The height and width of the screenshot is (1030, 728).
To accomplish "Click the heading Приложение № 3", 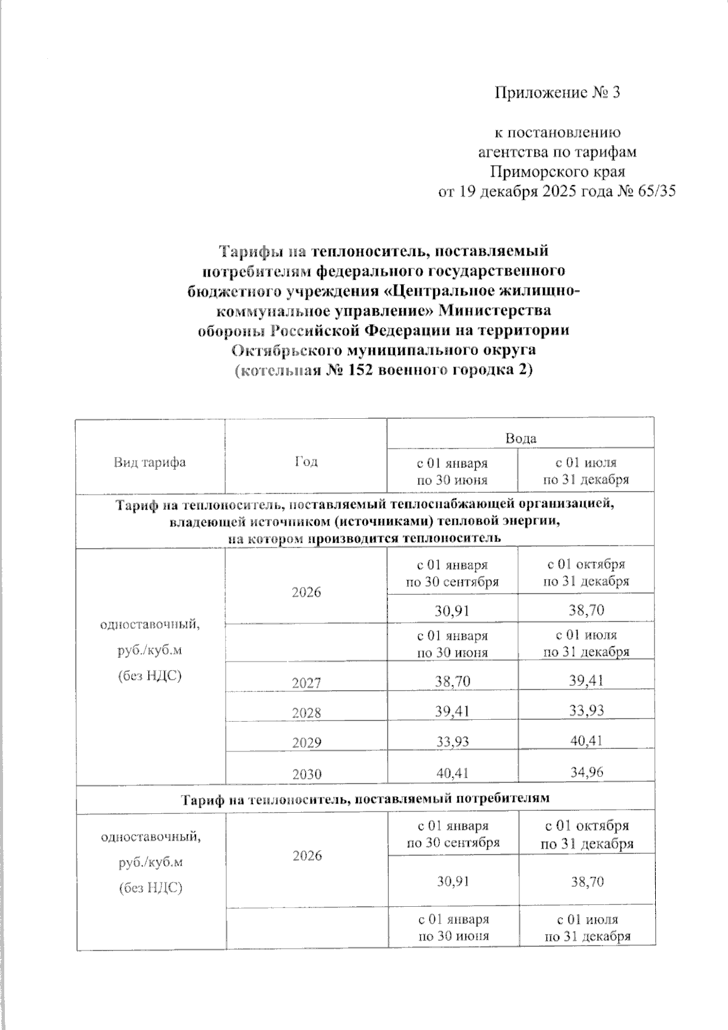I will [x=558, y=93].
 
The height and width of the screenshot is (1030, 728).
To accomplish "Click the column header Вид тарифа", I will [x=150, y=462].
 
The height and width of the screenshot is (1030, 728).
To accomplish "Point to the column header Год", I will [x=306, y=462].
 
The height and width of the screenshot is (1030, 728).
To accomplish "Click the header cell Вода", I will [x=521, y=438].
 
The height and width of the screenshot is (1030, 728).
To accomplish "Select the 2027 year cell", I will [x=306, y=683].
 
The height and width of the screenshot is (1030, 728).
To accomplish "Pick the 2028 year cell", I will [x=306, y=713].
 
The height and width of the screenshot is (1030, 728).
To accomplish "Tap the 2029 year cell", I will [x=306, y=743].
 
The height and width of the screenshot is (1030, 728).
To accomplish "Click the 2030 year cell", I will [x=306, y=774].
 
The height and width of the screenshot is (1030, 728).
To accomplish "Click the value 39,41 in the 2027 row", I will [x=586, y=681].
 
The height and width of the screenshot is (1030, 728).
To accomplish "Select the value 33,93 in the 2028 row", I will [x=586, y=710].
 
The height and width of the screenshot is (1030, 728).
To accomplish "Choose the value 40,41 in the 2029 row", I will [x=586, y=740].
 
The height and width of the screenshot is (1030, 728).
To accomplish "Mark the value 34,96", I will [x=586, y=773].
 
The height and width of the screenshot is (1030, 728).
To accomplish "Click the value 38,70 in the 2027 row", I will [x=453, y=682].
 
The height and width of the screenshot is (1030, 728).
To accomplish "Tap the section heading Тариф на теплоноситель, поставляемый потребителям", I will [x=365, y=799].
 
